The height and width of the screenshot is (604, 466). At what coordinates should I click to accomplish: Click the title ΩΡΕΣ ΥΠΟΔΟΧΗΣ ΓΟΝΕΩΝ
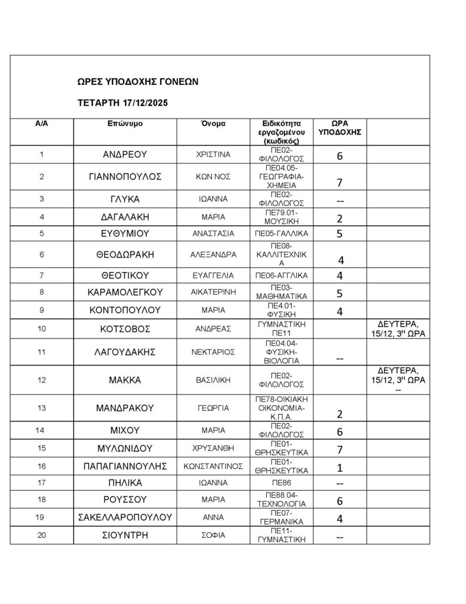tap(138, 82)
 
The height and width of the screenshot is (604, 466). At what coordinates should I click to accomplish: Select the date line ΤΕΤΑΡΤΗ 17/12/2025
tap(123, 103)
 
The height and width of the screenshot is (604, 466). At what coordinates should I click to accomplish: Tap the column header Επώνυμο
tap(124, 124)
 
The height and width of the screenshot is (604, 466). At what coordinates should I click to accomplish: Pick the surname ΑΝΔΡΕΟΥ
tap(124, 156)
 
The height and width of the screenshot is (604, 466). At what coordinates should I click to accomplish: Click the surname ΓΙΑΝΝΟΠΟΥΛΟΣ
tap(124, 177)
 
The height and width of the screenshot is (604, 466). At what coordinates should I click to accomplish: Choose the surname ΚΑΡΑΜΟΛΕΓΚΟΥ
tap(124, 292)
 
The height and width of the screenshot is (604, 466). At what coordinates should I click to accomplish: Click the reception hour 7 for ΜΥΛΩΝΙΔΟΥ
tap(339, 449)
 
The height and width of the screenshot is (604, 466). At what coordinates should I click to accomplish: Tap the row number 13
tap(41, 408)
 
